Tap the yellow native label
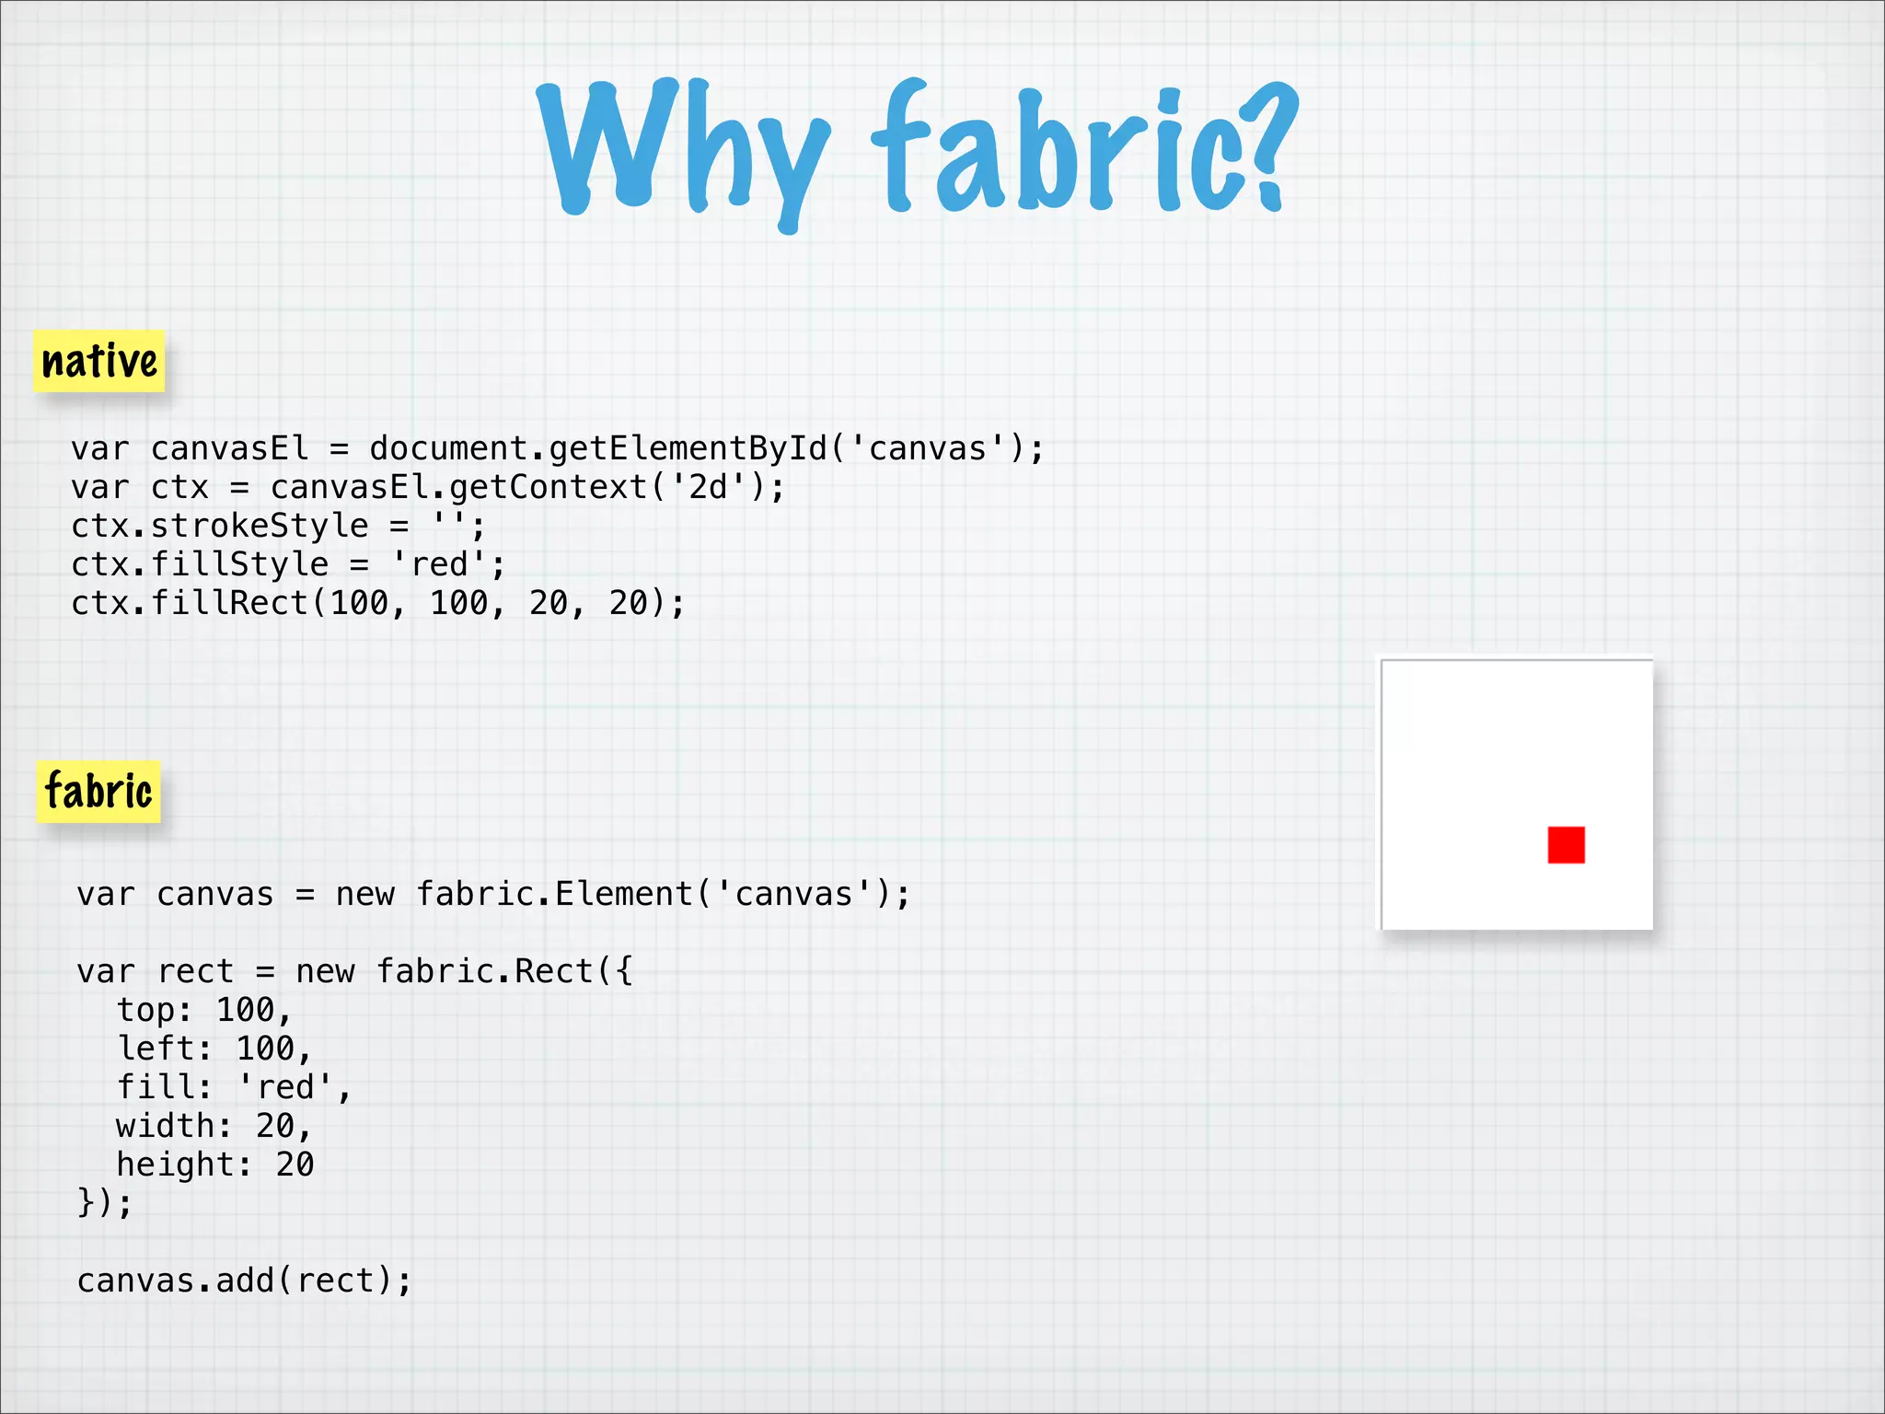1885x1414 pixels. [99, 361]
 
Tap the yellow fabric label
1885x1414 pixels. [98, 792]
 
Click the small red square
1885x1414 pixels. [1566, 844]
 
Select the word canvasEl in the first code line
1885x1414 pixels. [229, 449]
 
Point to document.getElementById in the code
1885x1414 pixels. [598, 449]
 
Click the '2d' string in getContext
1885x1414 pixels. [709, 488]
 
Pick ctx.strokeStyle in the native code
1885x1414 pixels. [220, 527]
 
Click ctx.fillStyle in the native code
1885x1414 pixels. [200, 565]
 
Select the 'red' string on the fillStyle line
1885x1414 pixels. [439, 565]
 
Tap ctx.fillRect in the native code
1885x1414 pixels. [190, 604]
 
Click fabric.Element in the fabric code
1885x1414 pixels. [555, 895]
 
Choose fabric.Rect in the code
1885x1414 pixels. [485, 972]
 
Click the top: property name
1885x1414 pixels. [153, 1011]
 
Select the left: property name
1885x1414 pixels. [164, 1049]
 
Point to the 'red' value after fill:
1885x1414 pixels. [285, 1088]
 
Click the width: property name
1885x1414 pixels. [172, 1127]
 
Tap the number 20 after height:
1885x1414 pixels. [295, 1165]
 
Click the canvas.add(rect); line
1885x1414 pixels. [244, 1281]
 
